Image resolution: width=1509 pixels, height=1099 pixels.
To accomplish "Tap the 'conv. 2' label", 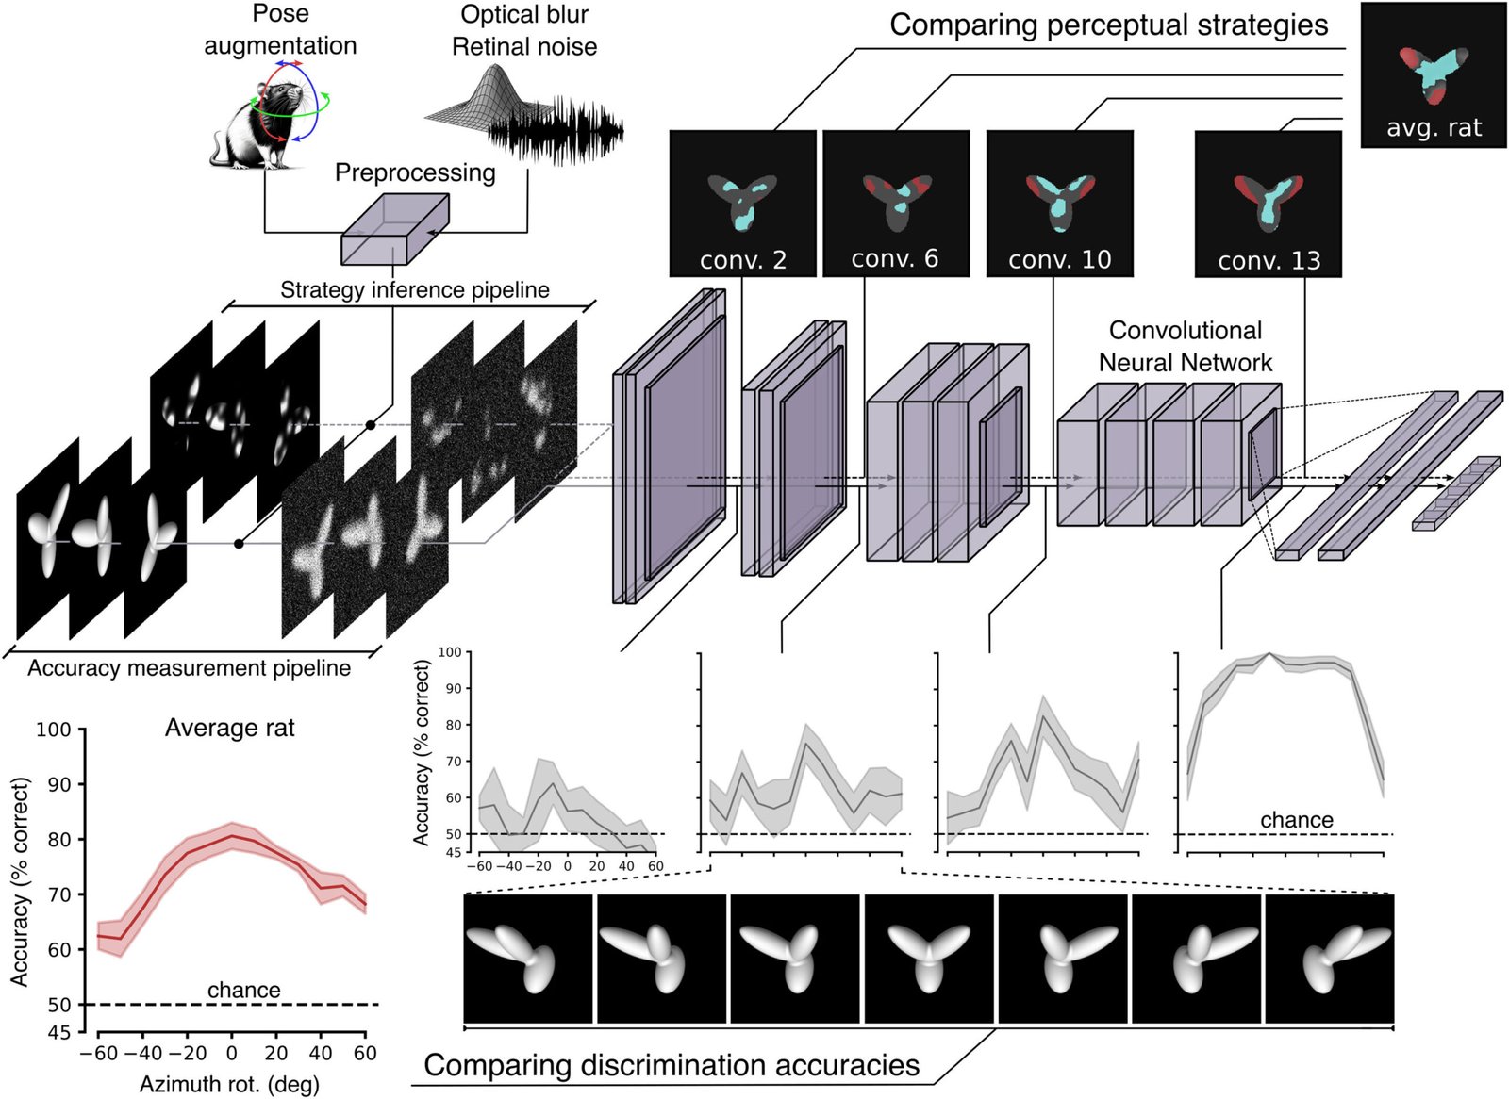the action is [x=743, y=260].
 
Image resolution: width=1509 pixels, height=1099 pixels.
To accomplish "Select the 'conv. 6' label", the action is [x=895, y=258].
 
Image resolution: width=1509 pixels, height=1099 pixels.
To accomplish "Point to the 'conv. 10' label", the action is [x=1060, y=260].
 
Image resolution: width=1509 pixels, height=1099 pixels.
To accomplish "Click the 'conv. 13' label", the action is [x=1269, y=260].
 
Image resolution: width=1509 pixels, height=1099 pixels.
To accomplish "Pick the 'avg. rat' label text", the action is [x=1434, y=127].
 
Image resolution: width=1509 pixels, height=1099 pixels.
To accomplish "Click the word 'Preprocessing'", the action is [x=415, y=173].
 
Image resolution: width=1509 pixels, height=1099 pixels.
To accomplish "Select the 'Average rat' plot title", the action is [x=230, y=728].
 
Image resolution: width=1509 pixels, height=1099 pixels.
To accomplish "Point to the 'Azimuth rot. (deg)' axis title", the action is [x=229, y=1084].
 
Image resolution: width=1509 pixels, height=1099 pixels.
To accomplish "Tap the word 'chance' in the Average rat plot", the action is [x=244, y=990].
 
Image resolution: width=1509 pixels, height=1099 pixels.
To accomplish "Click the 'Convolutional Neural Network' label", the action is [x=1186, y=346].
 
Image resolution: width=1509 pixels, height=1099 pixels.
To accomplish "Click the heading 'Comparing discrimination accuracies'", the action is [x=672, y=1065].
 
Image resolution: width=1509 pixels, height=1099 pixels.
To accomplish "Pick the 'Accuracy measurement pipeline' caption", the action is [x=190, y=668].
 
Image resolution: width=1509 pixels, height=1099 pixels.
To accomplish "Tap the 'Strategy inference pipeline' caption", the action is [x=415, y=290].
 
